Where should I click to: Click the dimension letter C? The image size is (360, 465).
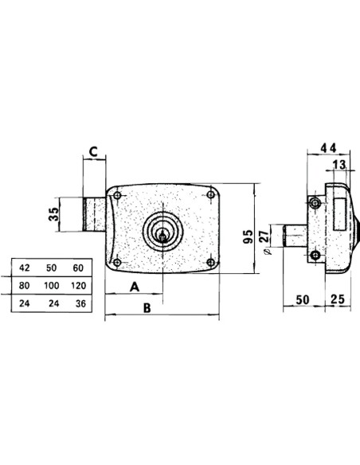(94, 152)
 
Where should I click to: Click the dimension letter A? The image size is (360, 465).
(135, 287)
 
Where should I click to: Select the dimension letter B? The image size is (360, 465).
(147, 308)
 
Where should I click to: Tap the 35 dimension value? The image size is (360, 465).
(53, 214)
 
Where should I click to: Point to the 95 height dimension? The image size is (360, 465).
(248, 236)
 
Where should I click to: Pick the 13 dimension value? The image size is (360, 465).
(339, 165)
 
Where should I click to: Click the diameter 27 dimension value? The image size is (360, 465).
(264, 236)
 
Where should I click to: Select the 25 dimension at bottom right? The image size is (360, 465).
(338, 299)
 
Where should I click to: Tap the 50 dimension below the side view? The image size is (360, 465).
(303, 299)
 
